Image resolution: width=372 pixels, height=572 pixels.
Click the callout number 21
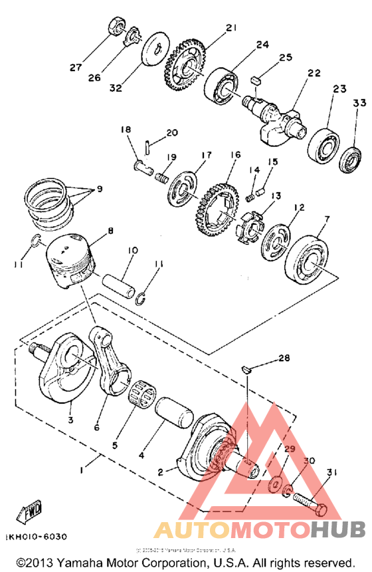[x=231, y=28]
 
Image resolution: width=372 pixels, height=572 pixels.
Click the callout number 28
[x=284, y=358]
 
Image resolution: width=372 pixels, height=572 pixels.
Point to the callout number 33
[x=359, y=103]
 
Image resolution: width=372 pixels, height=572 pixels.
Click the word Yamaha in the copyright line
[x=82, y=562]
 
